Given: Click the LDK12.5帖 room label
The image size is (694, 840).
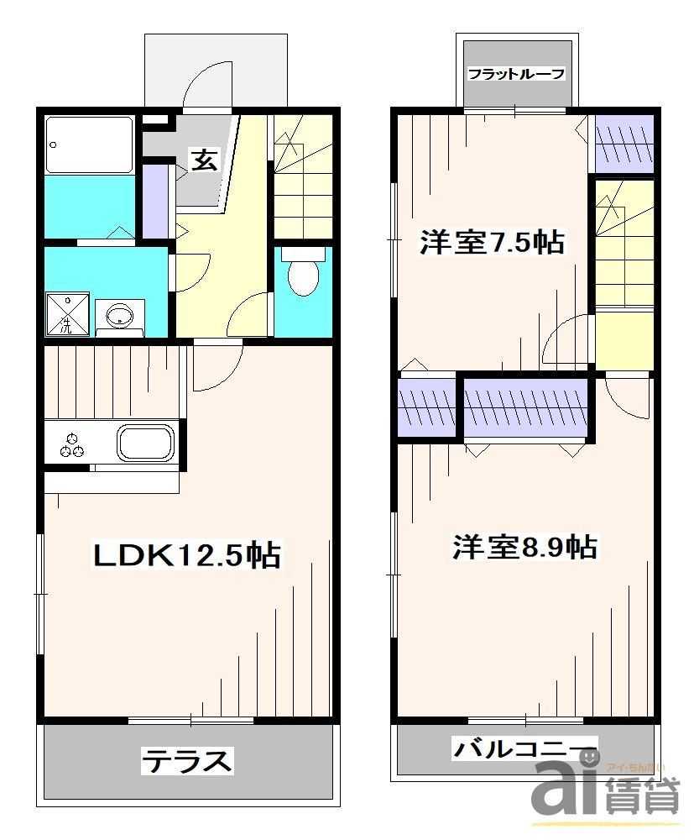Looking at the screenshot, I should pos(185,554).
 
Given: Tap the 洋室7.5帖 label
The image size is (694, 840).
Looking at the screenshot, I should pos(491,244).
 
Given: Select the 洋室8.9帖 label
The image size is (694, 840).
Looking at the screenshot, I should pos(524,548).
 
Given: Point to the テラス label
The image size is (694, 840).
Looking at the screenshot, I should pos(186,761).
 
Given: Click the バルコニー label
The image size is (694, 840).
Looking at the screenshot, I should pos(524,747).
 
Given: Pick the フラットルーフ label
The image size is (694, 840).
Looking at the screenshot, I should pos(515,74).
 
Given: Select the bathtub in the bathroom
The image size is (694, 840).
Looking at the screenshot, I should pos(89,144).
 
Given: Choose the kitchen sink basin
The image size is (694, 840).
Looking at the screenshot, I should pos(145,442).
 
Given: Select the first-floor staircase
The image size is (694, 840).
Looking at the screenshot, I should pos(303,176).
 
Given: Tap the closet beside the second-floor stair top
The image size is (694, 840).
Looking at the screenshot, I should pos(624,141).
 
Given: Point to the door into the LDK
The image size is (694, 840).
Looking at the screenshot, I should pos(218,361).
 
